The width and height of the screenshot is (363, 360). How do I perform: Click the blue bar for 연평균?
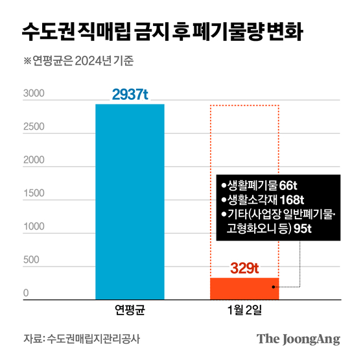coord(130,201)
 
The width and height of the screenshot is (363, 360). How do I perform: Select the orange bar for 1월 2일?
coord(244,289)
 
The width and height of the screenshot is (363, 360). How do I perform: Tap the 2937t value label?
coord(130,95)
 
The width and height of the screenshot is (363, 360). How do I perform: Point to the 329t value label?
coord(244,267)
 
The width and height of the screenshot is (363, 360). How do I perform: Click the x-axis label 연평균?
coord(130,310)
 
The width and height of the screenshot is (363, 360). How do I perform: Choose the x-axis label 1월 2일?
coord(244,310)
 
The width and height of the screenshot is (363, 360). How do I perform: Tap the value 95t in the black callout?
coord(302,228)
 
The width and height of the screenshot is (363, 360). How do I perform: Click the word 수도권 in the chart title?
coord(47,30)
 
